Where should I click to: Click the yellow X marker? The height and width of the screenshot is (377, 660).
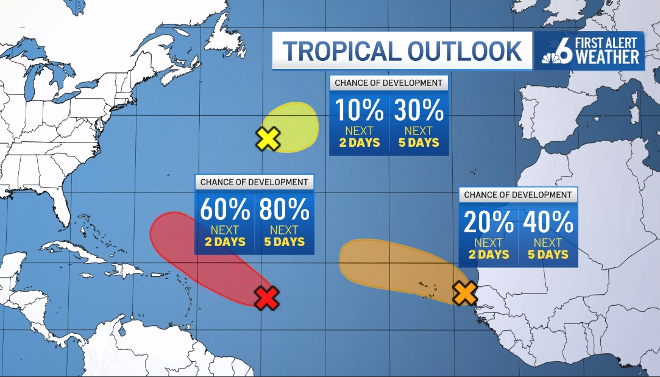[268, 139]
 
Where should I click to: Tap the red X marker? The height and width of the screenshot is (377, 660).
[266, 298]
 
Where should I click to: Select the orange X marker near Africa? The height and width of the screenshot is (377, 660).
[464, 294]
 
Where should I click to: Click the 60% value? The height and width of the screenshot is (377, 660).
[225, 210]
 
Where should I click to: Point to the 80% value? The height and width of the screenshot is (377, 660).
[284, 210]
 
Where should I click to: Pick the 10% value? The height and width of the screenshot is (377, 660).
[359, 111]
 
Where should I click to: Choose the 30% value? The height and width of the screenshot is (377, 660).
[419, 111]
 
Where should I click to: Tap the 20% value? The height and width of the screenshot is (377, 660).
[489, 223]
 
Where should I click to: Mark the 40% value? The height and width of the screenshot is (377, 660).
[548, 223]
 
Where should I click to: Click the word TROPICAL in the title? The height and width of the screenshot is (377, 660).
[342, 51]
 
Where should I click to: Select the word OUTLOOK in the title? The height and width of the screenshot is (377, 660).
[464, 51]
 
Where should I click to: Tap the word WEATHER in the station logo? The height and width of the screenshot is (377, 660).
[608, 57]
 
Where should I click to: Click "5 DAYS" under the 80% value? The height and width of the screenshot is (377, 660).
[284, 242]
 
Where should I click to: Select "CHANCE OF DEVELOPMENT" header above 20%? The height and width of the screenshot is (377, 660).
[518, 195]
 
